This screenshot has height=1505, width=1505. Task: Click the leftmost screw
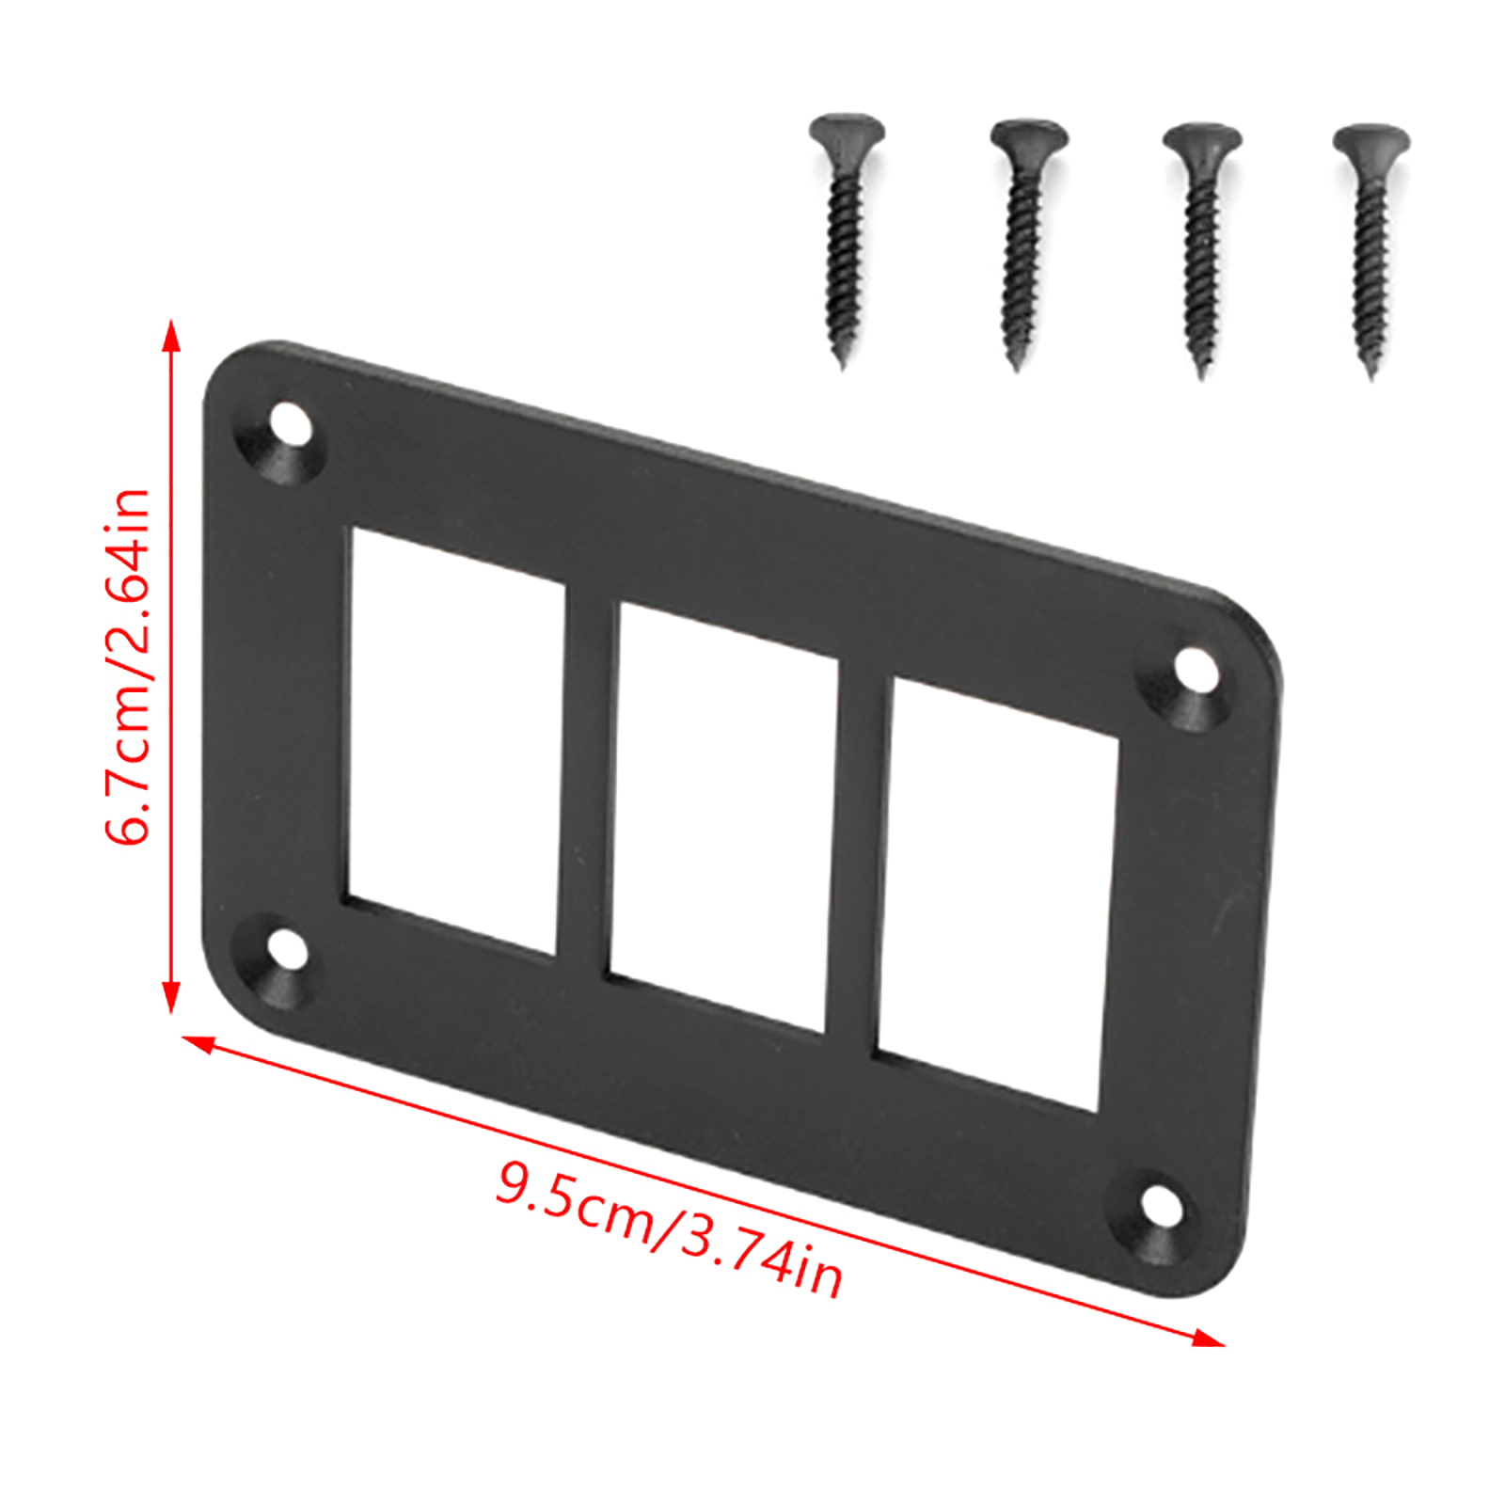coord(846,235)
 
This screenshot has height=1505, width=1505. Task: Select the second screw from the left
coord(1022,240)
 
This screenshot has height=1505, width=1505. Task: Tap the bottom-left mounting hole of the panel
coord(288,950)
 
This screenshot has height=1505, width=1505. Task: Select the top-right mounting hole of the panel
coord(1196,670)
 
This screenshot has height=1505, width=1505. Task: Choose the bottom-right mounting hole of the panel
coord(1164,1207)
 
